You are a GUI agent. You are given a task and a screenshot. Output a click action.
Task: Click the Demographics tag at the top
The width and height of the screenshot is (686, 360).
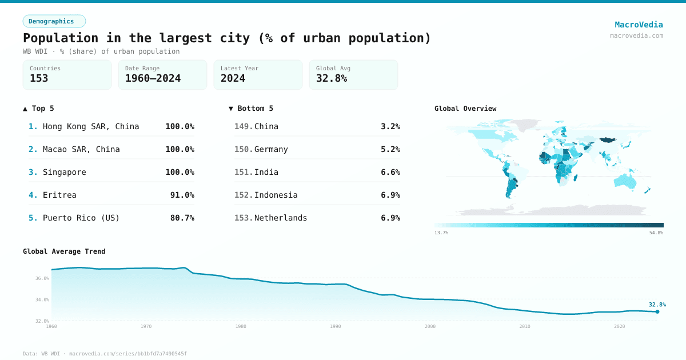pyautogui.click(x=54, y=21)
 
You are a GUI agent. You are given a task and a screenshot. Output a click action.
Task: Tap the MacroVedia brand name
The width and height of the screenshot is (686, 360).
pyautogui.click(x=639, y=25)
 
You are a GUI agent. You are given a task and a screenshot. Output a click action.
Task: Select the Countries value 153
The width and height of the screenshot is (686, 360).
pyautogui.click(x=39, y=78)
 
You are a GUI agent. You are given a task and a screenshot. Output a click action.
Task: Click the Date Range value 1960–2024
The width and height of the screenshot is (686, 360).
pyautogui.click(x=153, y=78)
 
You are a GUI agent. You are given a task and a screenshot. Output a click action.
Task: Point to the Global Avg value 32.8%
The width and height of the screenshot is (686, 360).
pyautogui.click(x=332, y=78)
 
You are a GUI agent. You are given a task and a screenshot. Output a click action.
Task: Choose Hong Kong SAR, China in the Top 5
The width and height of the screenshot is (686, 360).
pyautogui.click(x=91, y=126)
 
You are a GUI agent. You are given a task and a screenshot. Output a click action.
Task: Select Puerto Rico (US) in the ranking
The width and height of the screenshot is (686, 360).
pyautogui.click(x=81, y=218)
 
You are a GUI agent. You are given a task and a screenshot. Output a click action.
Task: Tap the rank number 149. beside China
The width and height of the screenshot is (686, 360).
pyautogui.click(x=243, y=126)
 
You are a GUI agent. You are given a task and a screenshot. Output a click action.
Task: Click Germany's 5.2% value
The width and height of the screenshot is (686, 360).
pyautogui.click(x=390, y=149)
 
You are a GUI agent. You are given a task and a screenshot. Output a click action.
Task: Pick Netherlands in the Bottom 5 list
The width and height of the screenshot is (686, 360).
pyautogui.click(x=281, y=218)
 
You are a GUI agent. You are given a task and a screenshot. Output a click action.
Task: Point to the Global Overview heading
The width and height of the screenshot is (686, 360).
pyautogui.click(x=465, y=109)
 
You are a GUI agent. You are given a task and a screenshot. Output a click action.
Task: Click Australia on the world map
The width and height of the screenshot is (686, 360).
pyautogui.click(x=625, y=181)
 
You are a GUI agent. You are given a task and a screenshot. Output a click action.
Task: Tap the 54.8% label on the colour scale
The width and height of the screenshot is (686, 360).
pyautogui.click(x=656, y=233)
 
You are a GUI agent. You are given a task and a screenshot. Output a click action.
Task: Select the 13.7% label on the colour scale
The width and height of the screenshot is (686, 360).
pyautogui.click(x=441, y=233)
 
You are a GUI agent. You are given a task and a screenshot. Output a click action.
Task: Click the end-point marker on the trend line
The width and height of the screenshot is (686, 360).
pyautogui.click(x=657, y=311)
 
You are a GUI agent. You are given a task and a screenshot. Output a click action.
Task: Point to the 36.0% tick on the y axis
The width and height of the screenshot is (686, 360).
pyautogui.click(x=42, y=278)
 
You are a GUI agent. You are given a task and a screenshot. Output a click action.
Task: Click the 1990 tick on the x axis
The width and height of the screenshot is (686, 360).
pyautogui.click(x=336, y=326)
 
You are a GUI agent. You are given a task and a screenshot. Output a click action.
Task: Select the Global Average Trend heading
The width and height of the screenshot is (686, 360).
pyautogui.click(x=64, y=251)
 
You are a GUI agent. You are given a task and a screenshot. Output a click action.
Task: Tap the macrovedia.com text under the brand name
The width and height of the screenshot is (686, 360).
pyautogui.click(x=636, y=35)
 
